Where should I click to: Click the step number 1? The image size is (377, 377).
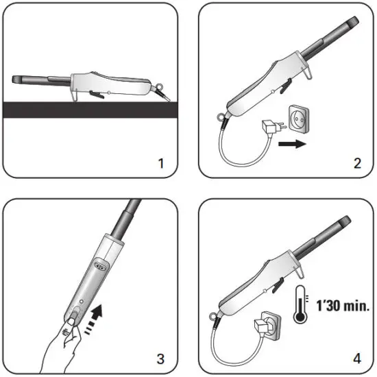click(x=161, y=163)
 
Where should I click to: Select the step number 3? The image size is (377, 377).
click(x=161, y=358)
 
